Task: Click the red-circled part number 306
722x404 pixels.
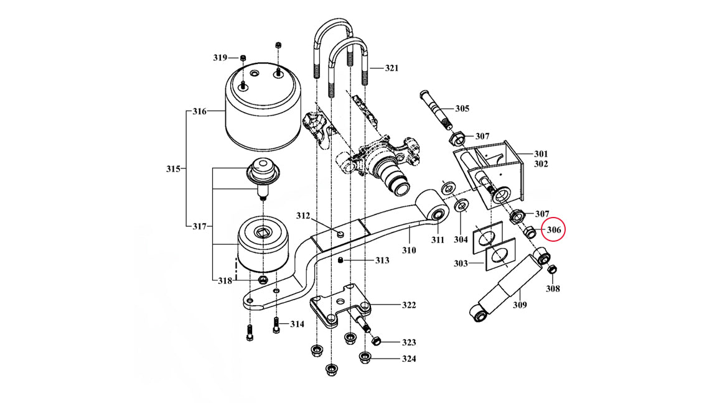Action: coord(554,230)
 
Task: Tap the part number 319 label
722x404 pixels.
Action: coord(220,58)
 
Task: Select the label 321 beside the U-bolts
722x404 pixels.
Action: coord(391,68)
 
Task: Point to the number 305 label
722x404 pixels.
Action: coord(462,109)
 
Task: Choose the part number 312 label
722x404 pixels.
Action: coord(302,216)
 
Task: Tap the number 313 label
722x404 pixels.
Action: coord(381,260)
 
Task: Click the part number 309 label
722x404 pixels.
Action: coord(520,305)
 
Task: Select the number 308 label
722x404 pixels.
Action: coord(553,288)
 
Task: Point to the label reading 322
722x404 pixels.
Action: coord(408,305)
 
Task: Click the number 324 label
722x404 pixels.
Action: coord(408,359)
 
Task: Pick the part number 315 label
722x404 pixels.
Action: coord(173,169)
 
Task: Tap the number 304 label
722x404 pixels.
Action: coord(461,239)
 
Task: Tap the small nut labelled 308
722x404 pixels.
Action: coord(551,270)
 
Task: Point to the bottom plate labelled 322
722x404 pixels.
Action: coord(342,306)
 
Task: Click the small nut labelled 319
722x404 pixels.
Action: coord(243,58)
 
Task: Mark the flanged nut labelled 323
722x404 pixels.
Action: coord(375,341)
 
